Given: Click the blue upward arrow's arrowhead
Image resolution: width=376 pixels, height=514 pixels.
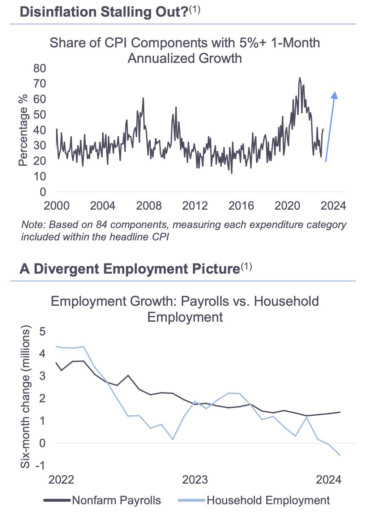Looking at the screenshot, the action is click(x=334, y=95).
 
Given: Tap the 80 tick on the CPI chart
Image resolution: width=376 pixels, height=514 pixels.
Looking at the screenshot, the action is click(x=40, y=68).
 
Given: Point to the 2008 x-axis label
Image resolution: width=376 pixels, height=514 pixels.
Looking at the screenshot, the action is click(x=149, y=206).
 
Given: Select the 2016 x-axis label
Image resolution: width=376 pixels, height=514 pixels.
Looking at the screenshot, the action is click(x=241, y=206).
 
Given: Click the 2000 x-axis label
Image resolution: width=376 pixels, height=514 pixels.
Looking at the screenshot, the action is click(x=56, y=206).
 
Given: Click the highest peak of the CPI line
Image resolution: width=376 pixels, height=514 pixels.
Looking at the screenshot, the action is click(x=300, y=78).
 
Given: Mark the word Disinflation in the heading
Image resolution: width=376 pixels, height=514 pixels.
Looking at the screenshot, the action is click(x=58, y=12).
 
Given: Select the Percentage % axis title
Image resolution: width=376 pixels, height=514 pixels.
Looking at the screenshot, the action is click(x=23, y=130).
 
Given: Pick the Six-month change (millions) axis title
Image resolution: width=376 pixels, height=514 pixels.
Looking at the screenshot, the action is click(x=25, y=397).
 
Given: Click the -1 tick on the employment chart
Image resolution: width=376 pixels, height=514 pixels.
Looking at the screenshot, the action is click(x=40, y=465).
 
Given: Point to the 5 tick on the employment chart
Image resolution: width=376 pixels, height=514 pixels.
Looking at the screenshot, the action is click(x=42, y=331).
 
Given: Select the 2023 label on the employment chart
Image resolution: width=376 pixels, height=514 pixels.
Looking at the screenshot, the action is click(x=195, y=480).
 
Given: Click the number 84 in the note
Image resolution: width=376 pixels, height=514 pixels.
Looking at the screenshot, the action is click(x=102, y=224).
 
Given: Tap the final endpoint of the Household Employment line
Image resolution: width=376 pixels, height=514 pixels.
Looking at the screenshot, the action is click(x=340, y=455).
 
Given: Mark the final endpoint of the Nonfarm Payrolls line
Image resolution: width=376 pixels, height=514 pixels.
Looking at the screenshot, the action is click(x=340, y=412).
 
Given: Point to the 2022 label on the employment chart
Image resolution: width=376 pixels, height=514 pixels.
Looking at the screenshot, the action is click(x=61, y=480).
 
